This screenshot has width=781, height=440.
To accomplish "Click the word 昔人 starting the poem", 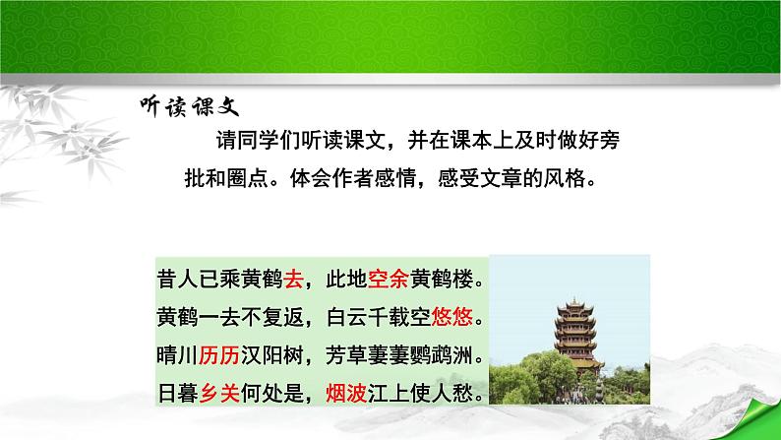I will [x=175, y=281].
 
